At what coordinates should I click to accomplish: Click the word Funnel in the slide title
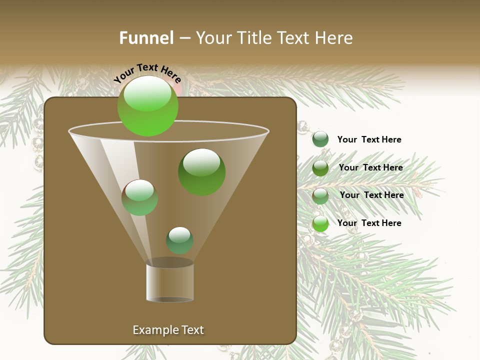[x=146, y=38]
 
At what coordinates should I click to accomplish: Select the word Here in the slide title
[x=331, y=38]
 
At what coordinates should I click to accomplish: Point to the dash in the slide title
[x=184, y=38]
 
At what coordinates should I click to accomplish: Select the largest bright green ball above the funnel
[x=148, y=106]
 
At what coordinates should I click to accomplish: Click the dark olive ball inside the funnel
[x=202, y=172]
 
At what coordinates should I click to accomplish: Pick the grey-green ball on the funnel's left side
[x=139, y=197]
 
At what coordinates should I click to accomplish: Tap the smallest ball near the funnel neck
[x=179, y=240]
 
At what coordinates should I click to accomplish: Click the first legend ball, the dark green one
[x=320, y=139]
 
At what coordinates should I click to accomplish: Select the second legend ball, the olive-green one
[x=320, y=168]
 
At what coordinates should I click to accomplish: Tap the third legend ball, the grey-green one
[x=320, y=196]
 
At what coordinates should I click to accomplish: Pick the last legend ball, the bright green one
[x=320, y=223]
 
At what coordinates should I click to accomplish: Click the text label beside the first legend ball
[x=369, y=139]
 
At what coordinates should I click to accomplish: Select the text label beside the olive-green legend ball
[x=370, y=167]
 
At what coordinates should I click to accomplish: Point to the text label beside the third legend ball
[x=371, y=195]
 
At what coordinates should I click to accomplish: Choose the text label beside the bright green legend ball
[x=369, y=223]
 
